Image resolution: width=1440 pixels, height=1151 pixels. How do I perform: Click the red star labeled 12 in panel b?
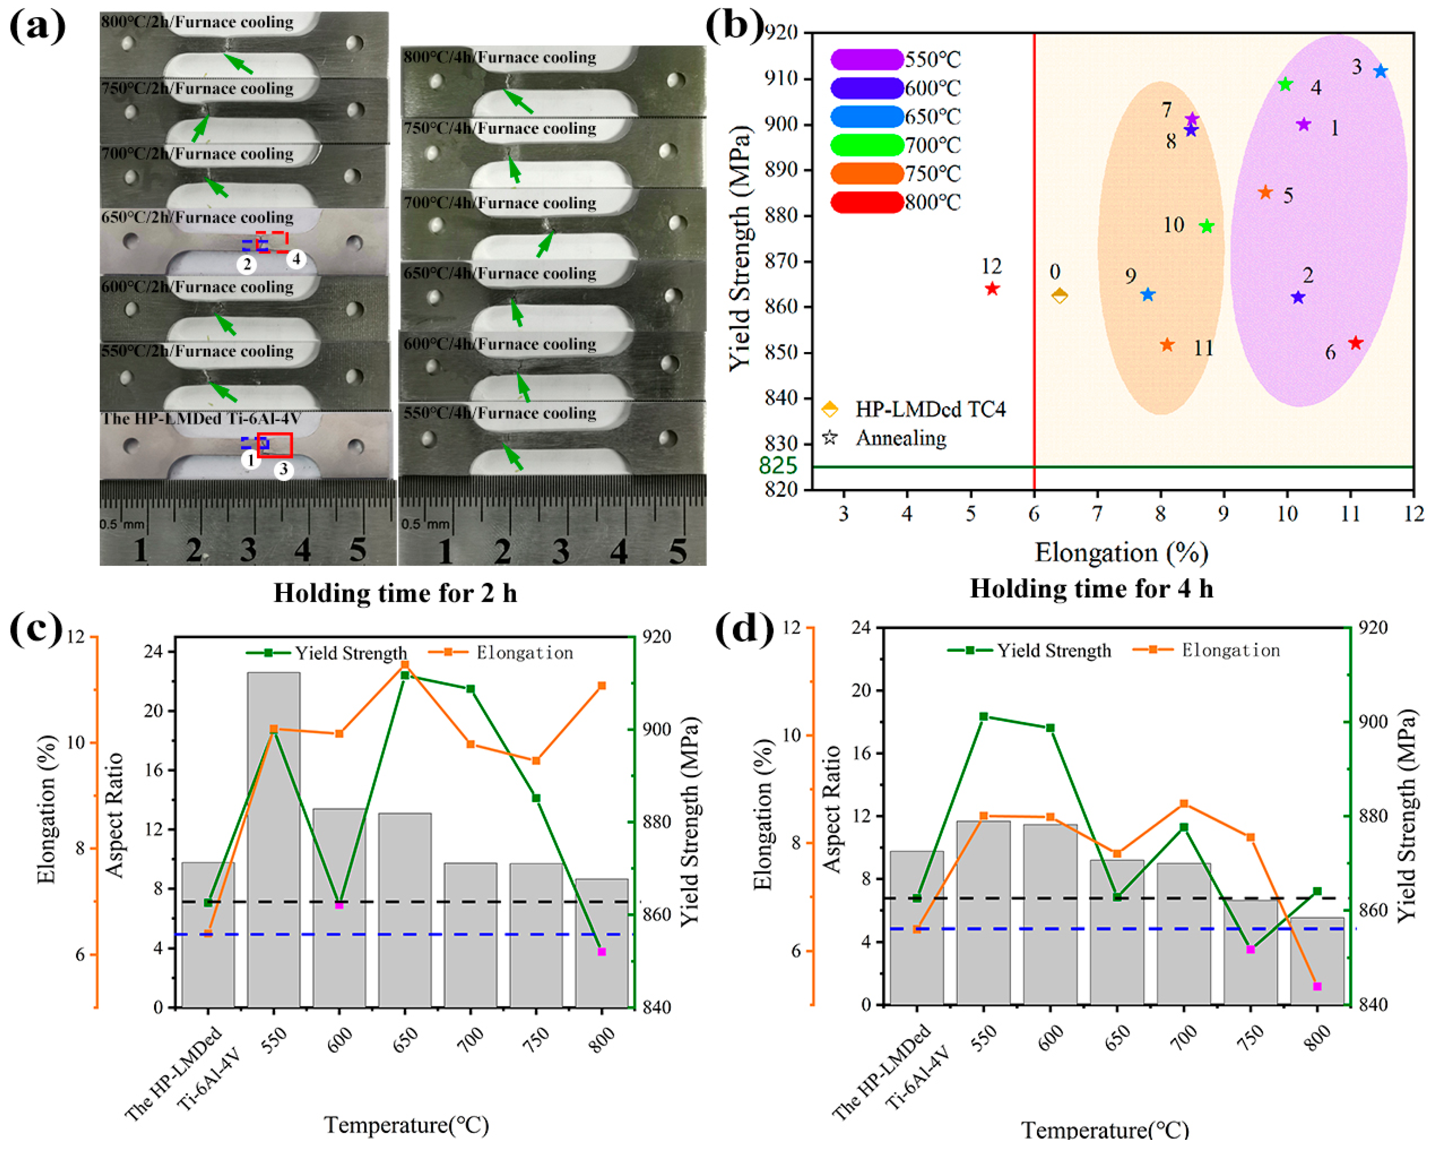pyautogui.click(x=992, y=289)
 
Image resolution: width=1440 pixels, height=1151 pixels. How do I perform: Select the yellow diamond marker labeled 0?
pyautogui.click(x=1059, y=295)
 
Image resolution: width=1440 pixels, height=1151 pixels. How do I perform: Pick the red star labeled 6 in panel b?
pyautogui.click(x=1355, y=343)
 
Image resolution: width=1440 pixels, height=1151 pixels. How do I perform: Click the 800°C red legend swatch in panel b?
pyautogui.click(x=866, y=202)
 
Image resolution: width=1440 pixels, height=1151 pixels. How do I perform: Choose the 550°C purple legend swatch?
pyautogui.click(x=866, y=59)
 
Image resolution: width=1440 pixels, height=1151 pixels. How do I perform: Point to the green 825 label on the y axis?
pyautogui.click(x=778, y=466)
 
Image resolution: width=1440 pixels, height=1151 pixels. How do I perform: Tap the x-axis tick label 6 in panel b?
pyautogui.click(x=1034, y=514)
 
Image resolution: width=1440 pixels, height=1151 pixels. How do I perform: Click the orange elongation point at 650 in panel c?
pyautogui.click(x=405, y=664)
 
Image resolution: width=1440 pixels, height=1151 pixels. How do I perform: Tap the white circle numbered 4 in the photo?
pyautogui.click(x=296, y=259)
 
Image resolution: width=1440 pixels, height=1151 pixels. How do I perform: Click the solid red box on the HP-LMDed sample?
pyautogui.click(x=275, y=445)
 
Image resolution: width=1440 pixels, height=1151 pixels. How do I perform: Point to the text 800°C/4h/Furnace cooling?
pyautogui.click(x=500, y=57)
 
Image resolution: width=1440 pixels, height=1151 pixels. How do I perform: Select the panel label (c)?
pyautogui.click(x=35, y=629)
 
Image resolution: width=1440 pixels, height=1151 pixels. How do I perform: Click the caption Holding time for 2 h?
pyautogui.click(x=395, y=593)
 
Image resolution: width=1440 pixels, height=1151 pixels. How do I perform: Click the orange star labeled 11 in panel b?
pyautogui.click(x=1167, y=345)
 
